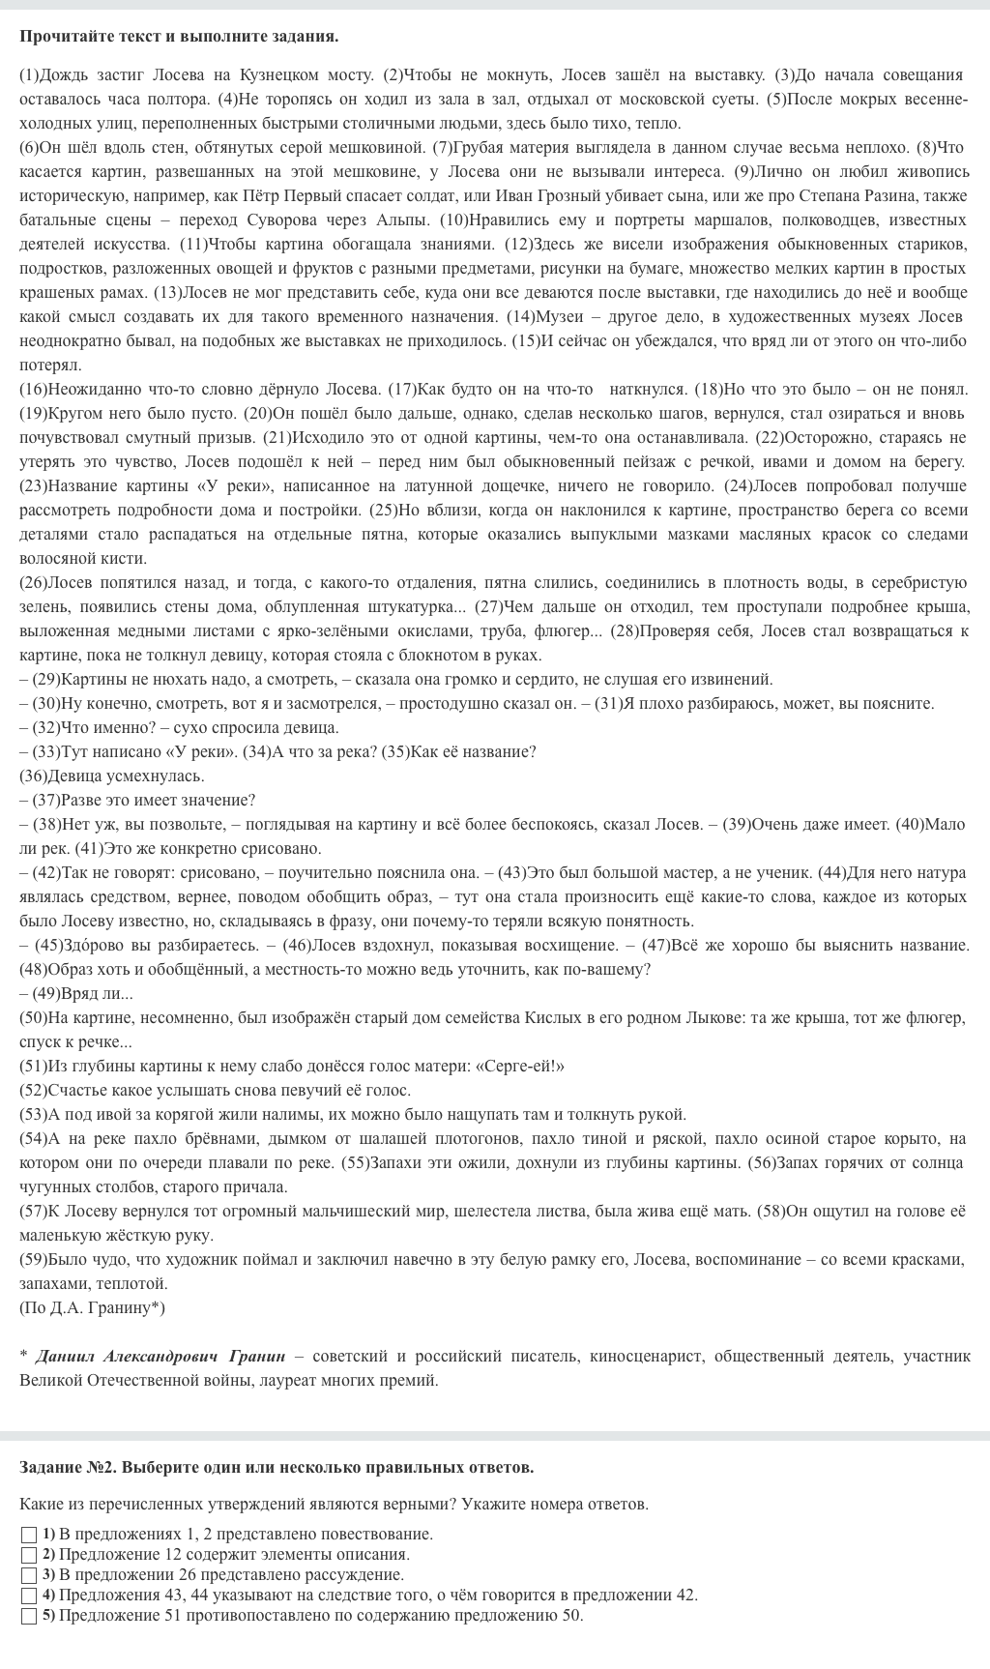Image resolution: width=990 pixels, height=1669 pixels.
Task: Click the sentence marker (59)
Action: point(33,1260)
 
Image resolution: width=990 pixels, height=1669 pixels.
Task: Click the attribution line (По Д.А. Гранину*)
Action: point(92,1308)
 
